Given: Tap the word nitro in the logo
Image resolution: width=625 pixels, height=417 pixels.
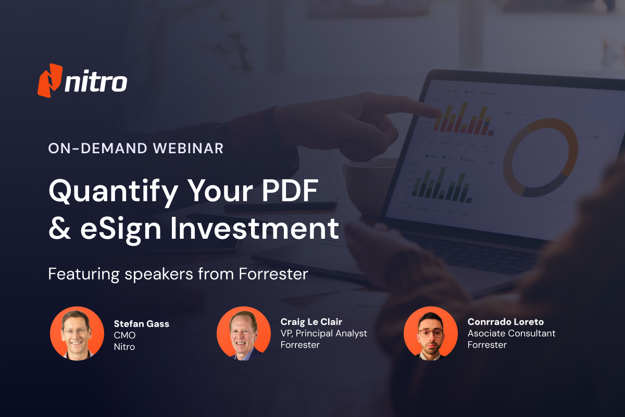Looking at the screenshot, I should [96, 82].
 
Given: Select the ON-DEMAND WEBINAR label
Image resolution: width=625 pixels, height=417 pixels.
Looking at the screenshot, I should [135, 149].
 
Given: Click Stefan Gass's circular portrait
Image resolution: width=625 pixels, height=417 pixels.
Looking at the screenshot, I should [77, 333].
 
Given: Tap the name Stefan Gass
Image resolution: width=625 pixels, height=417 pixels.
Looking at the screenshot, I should [142, 324].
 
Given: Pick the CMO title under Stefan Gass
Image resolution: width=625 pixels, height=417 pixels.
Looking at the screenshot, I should [124, 335].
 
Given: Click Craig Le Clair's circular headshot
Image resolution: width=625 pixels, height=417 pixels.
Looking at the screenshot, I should [244, 333].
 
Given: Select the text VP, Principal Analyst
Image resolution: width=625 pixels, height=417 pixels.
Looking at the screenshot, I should [323, 333].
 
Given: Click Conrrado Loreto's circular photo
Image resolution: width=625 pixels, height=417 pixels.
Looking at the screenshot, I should [431, 333].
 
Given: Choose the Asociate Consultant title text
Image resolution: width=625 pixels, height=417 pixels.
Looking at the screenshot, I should [511, 333].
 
